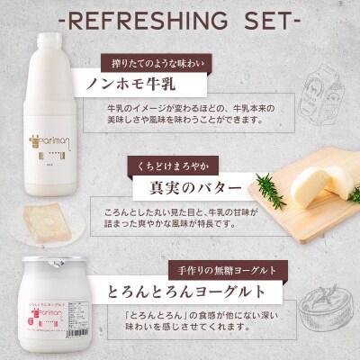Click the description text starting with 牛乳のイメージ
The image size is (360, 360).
coord(184,114)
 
